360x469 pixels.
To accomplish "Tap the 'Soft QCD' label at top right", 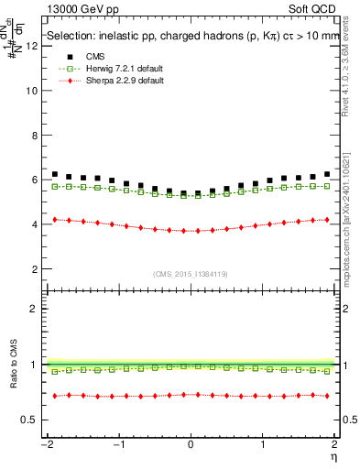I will click(x=316, y=10).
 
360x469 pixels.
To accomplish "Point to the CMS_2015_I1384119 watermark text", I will click(x=191, y=273).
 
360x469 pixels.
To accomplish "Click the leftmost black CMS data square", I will click(x=55, y=174).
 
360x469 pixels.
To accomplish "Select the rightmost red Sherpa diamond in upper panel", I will click(x=327, y=219).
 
